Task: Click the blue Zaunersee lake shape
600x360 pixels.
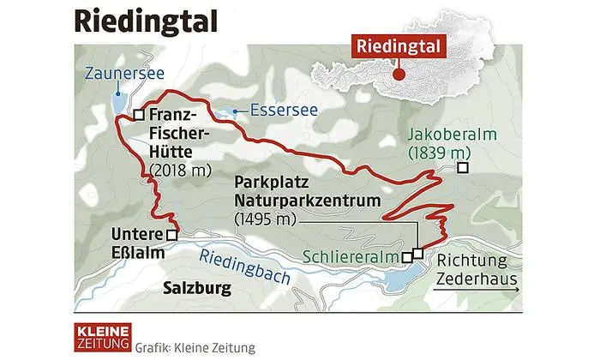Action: (x=117, y=106)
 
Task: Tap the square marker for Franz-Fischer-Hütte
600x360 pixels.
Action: (x=137, y=116)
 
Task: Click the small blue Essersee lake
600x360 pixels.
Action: (x=231, y=111)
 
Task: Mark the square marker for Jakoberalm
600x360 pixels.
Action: (x=463, y=168)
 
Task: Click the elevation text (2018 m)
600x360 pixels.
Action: (x=180, y=171)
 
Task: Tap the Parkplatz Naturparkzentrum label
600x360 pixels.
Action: (x=288, y=193)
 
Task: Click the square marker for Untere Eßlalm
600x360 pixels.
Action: (x=172, y=234)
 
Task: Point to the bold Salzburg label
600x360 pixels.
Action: (x=196, y=288)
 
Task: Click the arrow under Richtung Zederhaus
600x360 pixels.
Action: (x=476, y=292)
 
